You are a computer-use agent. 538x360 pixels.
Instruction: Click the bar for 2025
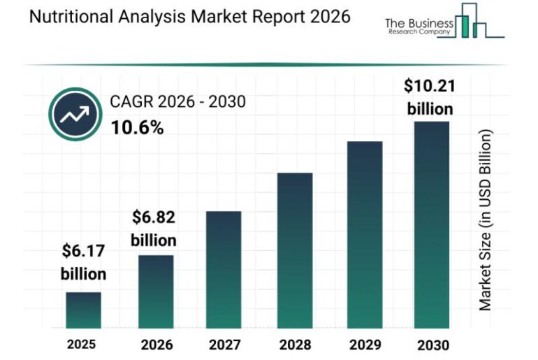click(x=83, y=310)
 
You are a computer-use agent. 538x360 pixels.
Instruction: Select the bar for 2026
click(x=155, y=291)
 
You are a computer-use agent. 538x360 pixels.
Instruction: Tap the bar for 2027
click(x=224, y=270)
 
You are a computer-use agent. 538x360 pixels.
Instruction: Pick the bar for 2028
click(x=294, y=250)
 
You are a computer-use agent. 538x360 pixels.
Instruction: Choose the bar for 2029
click(x=364, y=235)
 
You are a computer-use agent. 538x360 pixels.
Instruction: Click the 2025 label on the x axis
click(x=82, y=344)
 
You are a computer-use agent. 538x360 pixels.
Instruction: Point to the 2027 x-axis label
click(x=224, y=345)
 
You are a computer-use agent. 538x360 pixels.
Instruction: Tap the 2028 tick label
click(x=294, y=345)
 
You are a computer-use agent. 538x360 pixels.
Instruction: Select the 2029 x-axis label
click(x=364, y=345)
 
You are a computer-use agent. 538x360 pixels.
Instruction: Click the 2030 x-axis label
click(x=432, y=345)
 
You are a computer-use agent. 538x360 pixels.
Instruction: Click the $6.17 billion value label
click(x=83, y=261)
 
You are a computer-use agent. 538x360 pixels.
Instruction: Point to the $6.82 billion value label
click(x=154, y=228)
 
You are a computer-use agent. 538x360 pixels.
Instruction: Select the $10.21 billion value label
click(x=429, y=97)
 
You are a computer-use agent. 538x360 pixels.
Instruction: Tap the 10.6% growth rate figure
click(x=137, y=128)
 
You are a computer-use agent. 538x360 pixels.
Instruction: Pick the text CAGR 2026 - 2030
click(x=177, y=102)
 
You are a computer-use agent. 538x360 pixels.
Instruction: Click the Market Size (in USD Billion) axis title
click(x=486, y=220)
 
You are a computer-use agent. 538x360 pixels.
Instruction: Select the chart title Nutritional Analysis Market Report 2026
click(x=189, y=17)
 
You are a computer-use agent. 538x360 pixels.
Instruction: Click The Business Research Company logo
click(x=444, y=23)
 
